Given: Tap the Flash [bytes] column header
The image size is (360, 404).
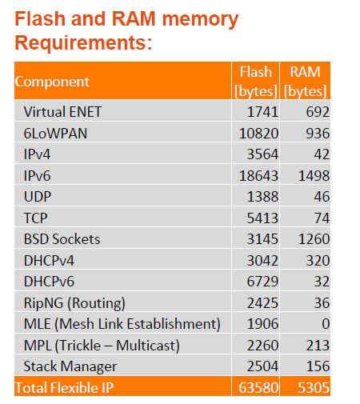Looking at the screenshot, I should click(x=255, y=81).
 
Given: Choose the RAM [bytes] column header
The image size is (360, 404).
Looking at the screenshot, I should click(x=306, y=81).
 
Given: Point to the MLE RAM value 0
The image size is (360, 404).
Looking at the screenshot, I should click(x=324, y=323).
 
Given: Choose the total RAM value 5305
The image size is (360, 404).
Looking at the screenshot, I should click(x=310, y=387).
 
